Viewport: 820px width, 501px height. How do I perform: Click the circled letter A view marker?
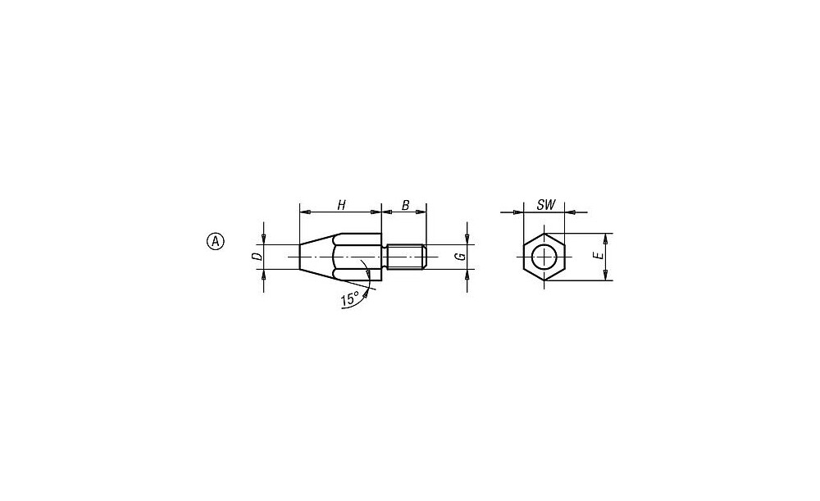tap(215, 241)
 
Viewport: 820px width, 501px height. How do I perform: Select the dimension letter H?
tap(341, 205)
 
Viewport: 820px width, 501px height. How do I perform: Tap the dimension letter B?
tap(405, 205)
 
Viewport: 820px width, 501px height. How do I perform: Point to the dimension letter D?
tap(256, 257)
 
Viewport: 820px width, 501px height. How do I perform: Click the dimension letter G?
tap(460, 257)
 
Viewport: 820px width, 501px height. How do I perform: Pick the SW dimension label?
tap(545, 205)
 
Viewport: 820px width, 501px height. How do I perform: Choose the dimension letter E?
tap(599, 256)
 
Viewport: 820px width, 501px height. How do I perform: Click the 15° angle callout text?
tap(349, 299)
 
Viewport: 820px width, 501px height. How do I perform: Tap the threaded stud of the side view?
tap(408, 257)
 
